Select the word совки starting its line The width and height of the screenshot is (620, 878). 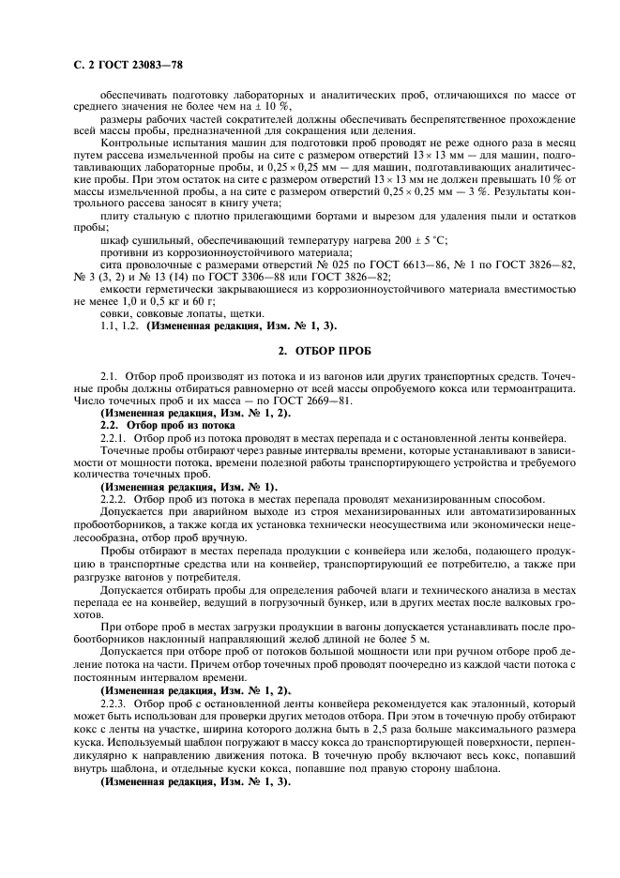115,314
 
